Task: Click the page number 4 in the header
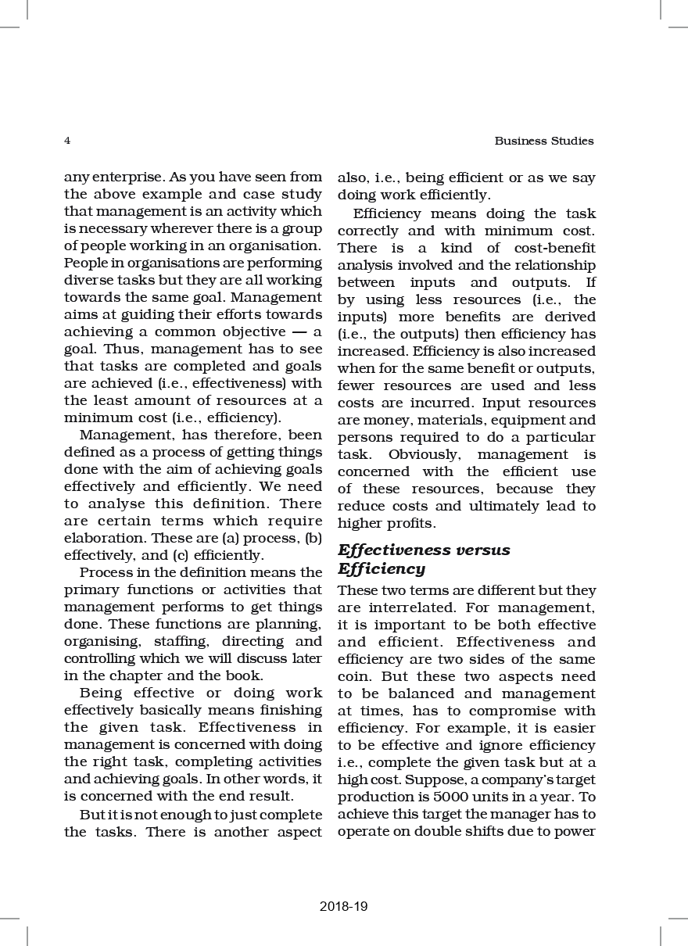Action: [67, 142]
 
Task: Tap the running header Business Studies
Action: [544, 142]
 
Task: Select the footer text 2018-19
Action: [343, 907]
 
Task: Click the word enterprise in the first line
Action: [124, 177]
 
